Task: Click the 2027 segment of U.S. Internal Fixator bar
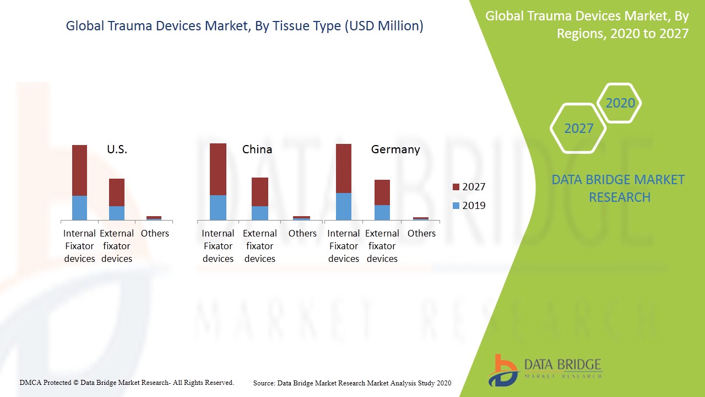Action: coord(80,170)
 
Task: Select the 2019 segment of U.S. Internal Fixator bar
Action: coord(80,208)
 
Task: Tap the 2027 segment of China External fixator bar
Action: coord(260,191)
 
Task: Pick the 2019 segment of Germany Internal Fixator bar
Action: coord(344,206)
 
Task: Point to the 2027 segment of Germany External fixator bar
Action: coord(382,192)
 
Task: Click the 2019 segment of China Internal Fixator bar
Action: coord(218,207)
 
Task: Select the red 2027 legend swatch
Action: coord(455,187)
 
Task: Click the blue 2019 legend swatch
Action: coord(455,206)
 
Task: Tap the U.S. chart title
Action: coord(117,149)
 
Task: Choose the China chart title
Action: coord(257,149)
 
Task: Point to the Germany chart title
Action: coord(395,149)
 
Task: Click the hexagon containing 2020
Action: coord(620,103)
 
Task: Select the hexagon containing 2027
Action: coord(578,128)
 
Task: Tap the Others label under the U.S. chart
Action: coord(155,233)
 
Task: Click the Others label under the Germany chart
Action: coord(421,233)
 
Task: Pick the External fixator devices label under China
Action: coord(260,246)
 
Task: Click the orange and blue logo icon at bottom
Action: coord(502,370)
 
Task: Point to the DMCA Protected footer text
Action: coord(127,382)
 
